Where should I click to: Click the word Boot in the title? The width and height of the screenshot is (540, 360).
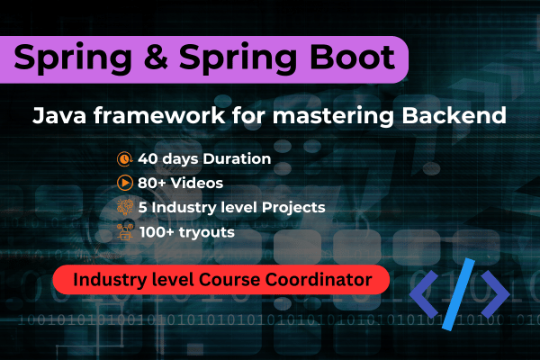[x=350, y=58]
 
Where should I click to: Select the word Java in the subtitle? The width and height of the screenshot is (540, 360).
[x=59, y=115]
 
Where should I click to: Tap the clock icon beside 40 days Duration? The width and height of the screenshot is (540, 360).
[x=123, y=159]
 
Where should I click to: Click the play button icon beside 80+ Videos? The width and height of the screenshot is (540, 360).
[x=123, y=183]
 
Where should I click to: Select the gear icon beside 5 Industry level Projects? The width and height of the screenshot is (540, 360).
[x=123, y=207]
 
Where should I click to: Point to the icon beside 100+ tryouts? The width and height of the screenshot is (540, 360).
[x=123, y=231]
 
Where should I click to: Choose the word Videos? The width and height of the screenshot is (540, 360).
[x=198, y=183]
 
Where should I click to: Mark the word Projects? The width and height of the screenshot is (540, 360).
[x=294, y=207]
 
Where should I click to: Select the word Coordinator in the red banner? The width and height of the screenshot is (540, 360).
[x=321, y=281]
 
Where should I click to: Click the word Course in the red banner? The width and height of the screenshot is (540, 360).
[x=236, y=281]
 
